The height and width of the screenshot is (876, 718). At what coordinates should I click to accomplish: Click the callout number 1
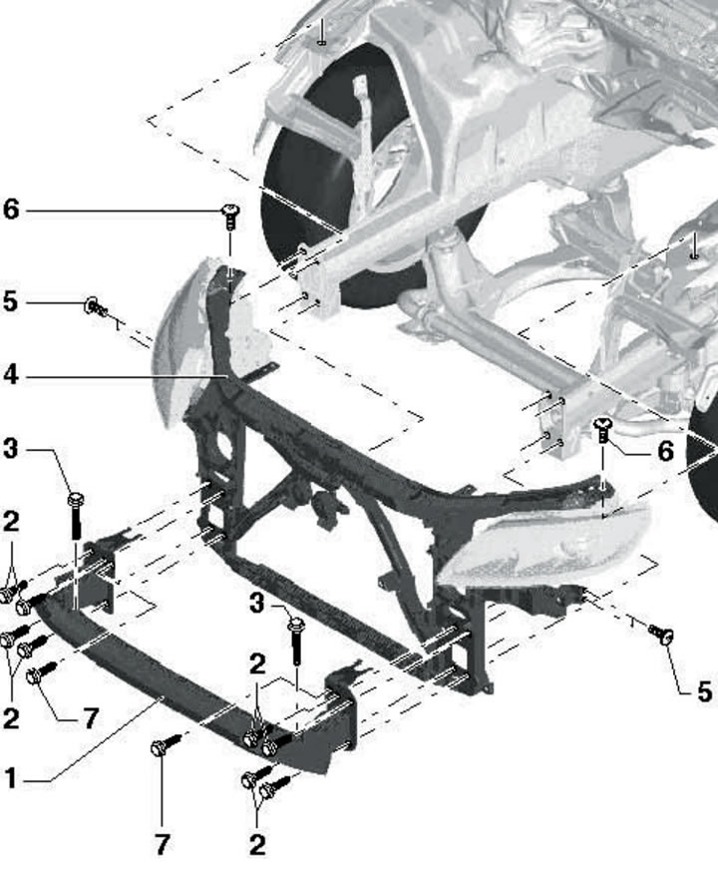[x=11, y=777]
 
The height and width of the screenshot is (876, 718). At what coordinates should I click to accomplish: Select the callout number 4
[x=11, y=375]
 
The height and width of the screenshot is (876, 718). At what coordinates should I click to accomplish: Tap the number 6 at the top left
[x=11, y=210]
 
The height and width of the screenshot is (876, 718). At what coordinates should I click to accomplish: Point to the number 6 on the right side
[x=665, y=451]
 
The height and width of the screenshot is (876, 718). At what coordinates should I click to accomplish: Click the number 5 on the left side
[x=11, y=301]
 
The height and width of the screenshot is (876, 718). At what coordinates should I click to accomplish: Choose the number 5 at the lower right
[x=705, y=691]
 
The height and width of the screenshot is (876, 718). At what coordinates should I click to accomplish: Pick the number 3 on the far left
[x=11, y=449]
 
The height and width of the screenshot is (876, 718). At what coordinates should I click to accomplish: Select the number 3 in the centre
[x=256, y=604]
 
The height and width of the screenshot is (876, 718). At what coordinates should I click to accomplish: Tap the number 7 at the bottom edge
[x=162, y=844]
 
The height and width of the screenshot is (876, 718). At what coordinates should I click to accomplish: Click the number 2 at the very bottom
[x=257, y=844]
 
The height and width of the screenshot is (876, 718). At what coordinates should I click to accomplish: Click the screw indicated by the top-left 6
[x=230, y=217]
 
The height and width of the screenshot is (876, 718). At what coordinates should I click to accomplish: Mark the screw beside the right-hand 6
[x=603, y=431]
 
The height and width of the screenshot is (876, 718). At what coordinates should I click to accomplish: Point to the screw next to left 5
[x=97, y=306]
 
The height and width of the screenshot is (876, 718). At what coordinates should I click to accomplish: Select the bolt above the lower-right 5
[x=661, y=635]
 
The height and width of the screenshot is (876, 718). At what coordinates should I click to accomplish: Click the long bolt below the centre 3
[x=296, y=641]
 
